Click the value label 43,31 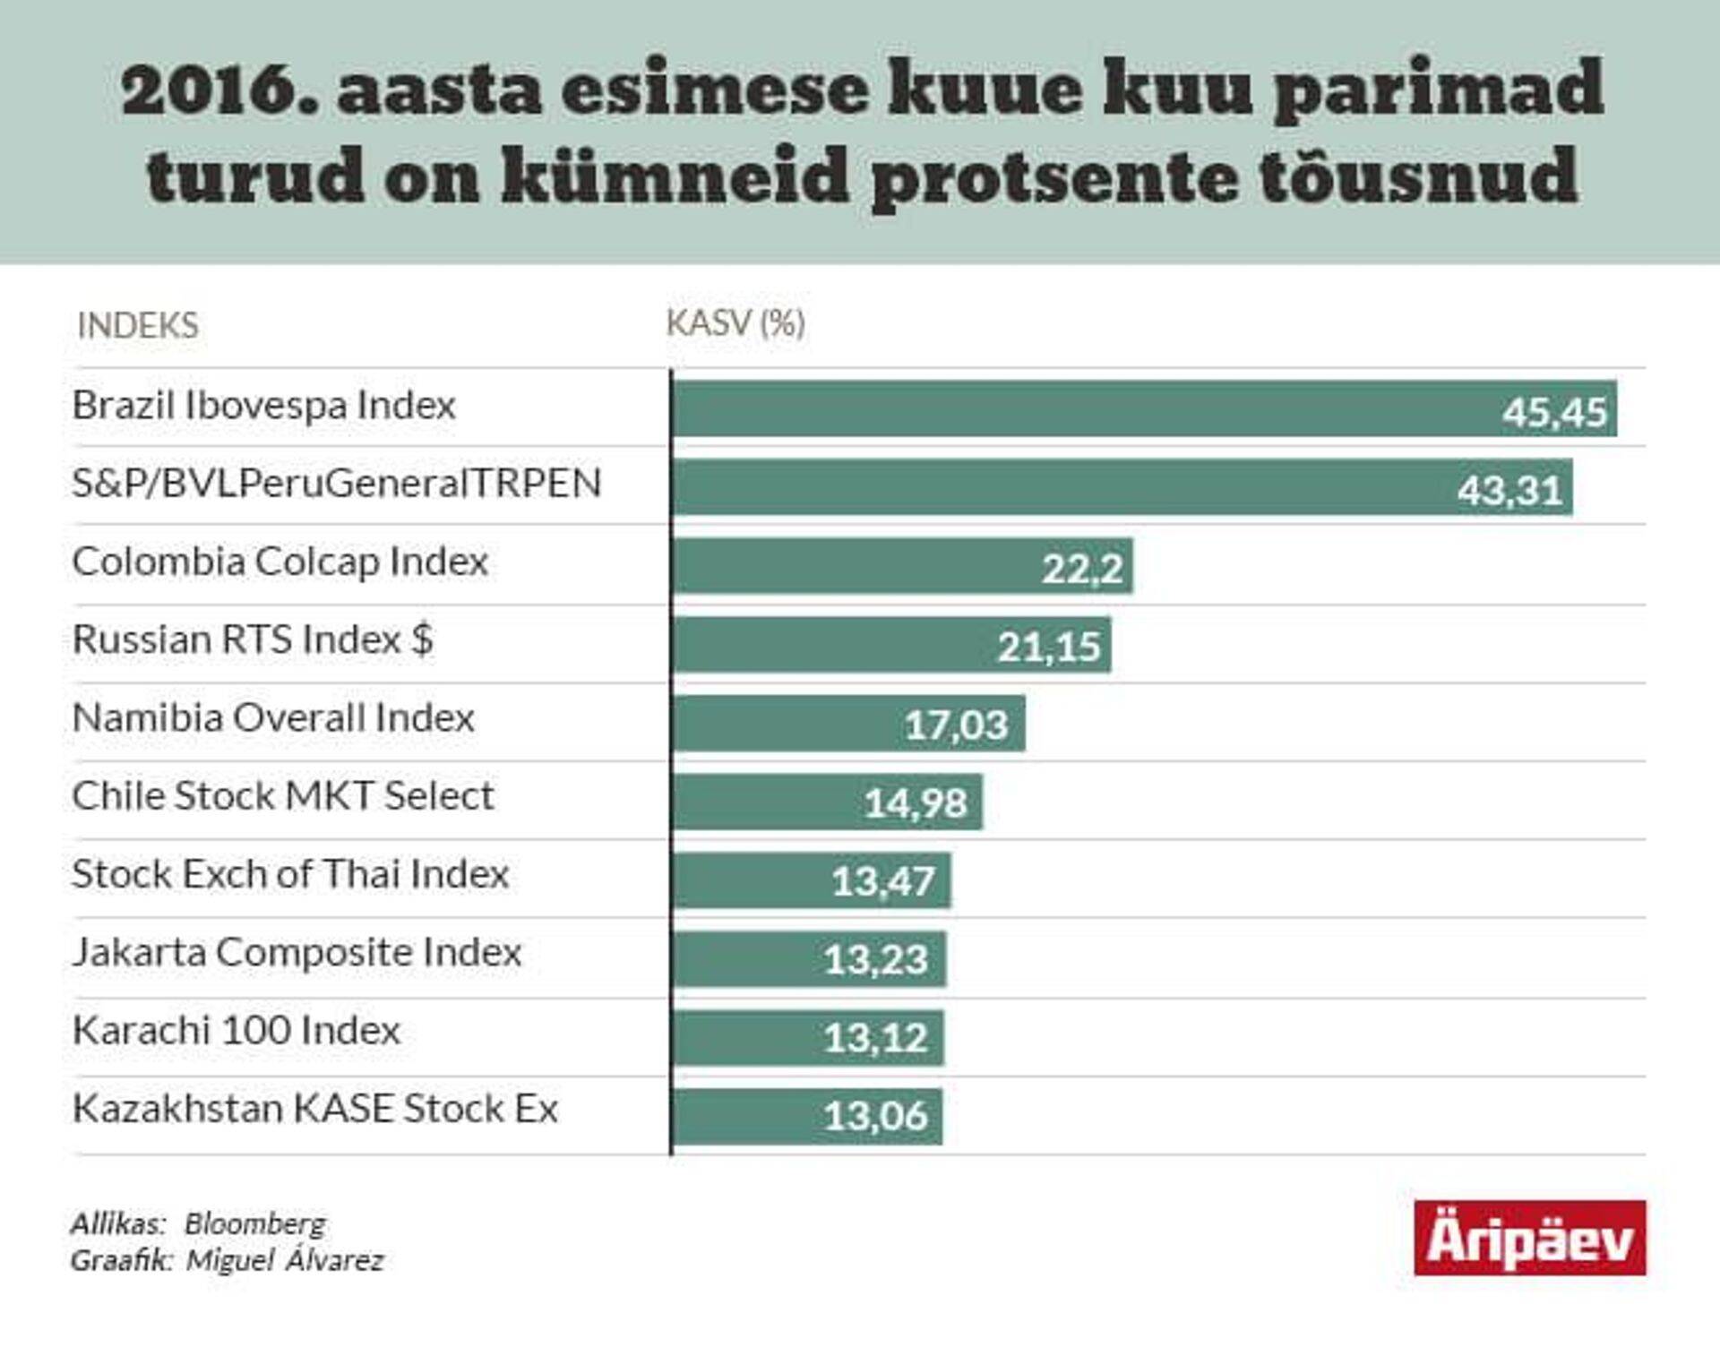pos(1509,490)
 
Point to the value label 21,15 pos(1049,646)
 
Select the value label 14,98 pos(916,802)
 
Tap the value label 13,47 pos(883,881)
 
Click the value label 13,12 pos(875,1038)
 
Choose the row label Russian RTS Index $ pos(253,639)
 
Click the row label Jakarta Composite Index pos(297,952)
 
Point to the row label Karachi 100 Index pos(236,1030)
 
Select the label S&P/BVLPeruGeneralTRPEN pos(336,484)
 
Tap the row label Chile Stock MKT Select pos(282,795)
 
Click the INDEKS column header pos(138,325)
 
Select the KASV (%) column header pos(735,323)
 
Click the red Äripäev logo pos(1529,1238)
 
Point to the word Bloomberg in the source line pos(255,1223)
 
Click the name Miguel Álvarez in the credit pos(285,1260)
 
